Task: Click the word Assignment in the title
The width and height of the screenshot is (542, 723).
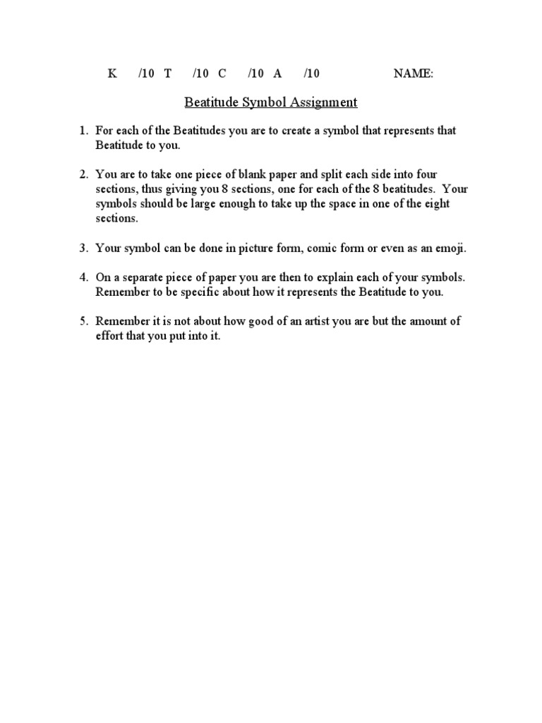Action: [x=323, y=102]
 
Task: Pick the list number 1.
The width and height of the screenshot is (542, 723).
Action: [x=82, y=131]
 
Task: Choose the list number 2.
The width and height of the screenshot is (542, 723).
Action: [x=82, y=174]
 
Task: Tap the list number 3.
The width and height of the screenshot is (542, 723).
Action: [x=82, y=248]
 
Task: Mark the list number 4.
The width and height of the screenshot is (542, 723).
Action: [x=82, y=277]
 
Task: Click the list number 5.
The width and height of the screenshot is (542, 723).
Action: [x=82, y=321]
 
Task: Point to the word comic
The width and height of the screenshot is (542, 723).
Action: [x=315, y=248]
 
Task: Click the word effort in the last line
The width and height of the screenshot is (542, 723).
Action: [x=111, y=336]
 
